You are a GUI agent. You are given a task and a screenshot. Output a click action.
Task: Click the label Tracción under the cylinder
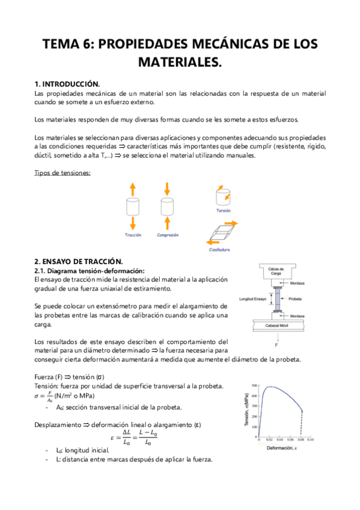tap(133, 235)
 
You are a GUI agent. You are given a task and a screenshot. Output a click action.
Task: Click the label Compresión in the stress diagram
tap(168, 235)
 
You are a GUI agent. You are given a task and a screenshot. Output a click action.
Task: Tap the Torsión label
tap(224, 210)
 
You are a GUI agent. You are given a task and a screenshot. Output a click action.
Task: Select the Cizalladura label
tap(220, 248)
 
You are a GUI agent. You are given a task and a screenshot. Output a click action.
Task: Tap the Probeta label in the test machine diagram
tap(295, 298)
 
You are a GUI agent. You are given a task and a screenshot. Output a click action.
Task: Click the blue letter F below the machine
tap(277, 346)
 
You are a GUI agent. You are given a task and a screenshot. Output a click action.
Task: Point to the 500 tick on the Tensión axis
tap(254, 385)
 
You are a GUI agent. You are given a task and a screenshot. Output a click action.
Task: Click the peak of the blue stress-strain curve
tap(270, 387)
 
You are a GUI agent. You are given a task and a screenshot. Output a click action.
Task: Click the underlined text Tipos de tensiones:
tap(63, 173)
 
